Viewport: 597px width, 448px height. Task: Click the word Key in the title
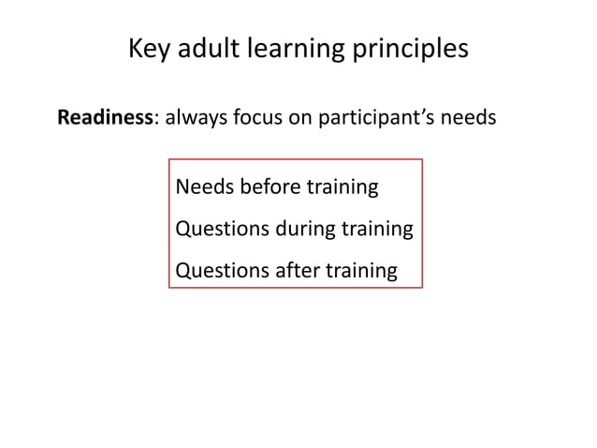(147, 49)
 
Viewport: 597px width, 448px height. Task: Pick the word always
(192, 120)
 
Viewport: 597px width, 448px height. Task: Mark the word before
(268, 187)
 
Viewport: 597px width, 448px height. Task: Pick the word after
(297, 272)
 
